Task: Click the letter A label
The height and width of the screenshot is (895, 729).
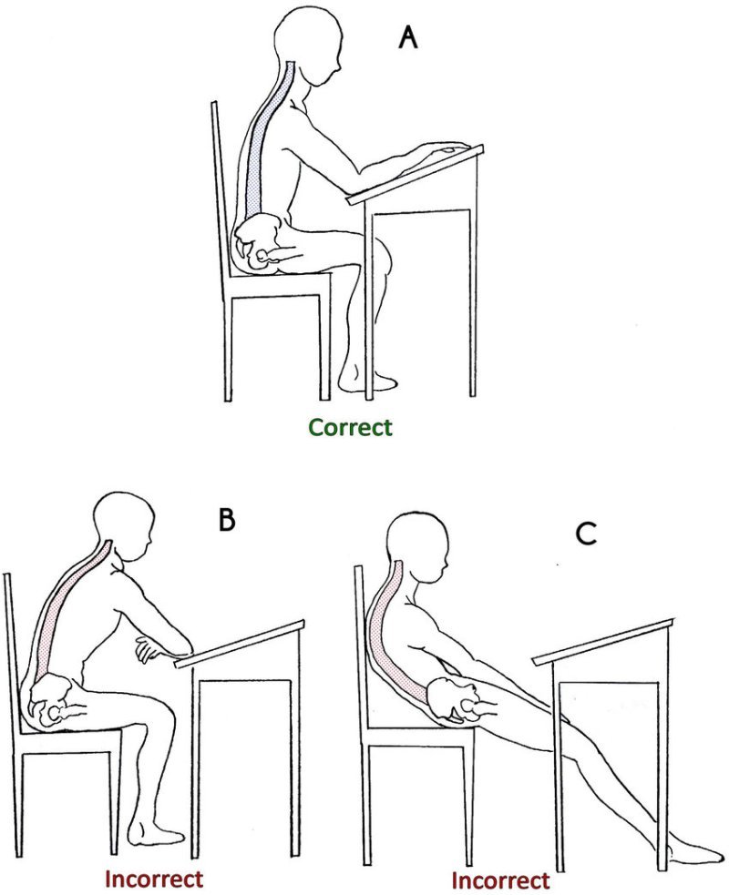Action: coord(408,39)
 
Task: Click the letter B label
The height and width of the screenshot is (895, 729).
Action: coord(227,519)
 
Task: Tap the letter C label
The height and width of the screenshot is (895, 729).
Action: coord(586,534)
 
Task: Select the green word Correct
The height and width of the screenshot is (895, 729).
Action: coord(350,427)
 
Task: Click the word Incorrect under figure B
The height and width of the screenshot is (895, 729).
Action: coord(154,879)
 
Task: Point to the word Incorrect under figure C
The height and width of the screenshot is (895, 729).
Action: coord(500,880)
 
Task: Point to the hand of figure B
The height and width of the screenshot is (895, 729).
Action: coord(148,648)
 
